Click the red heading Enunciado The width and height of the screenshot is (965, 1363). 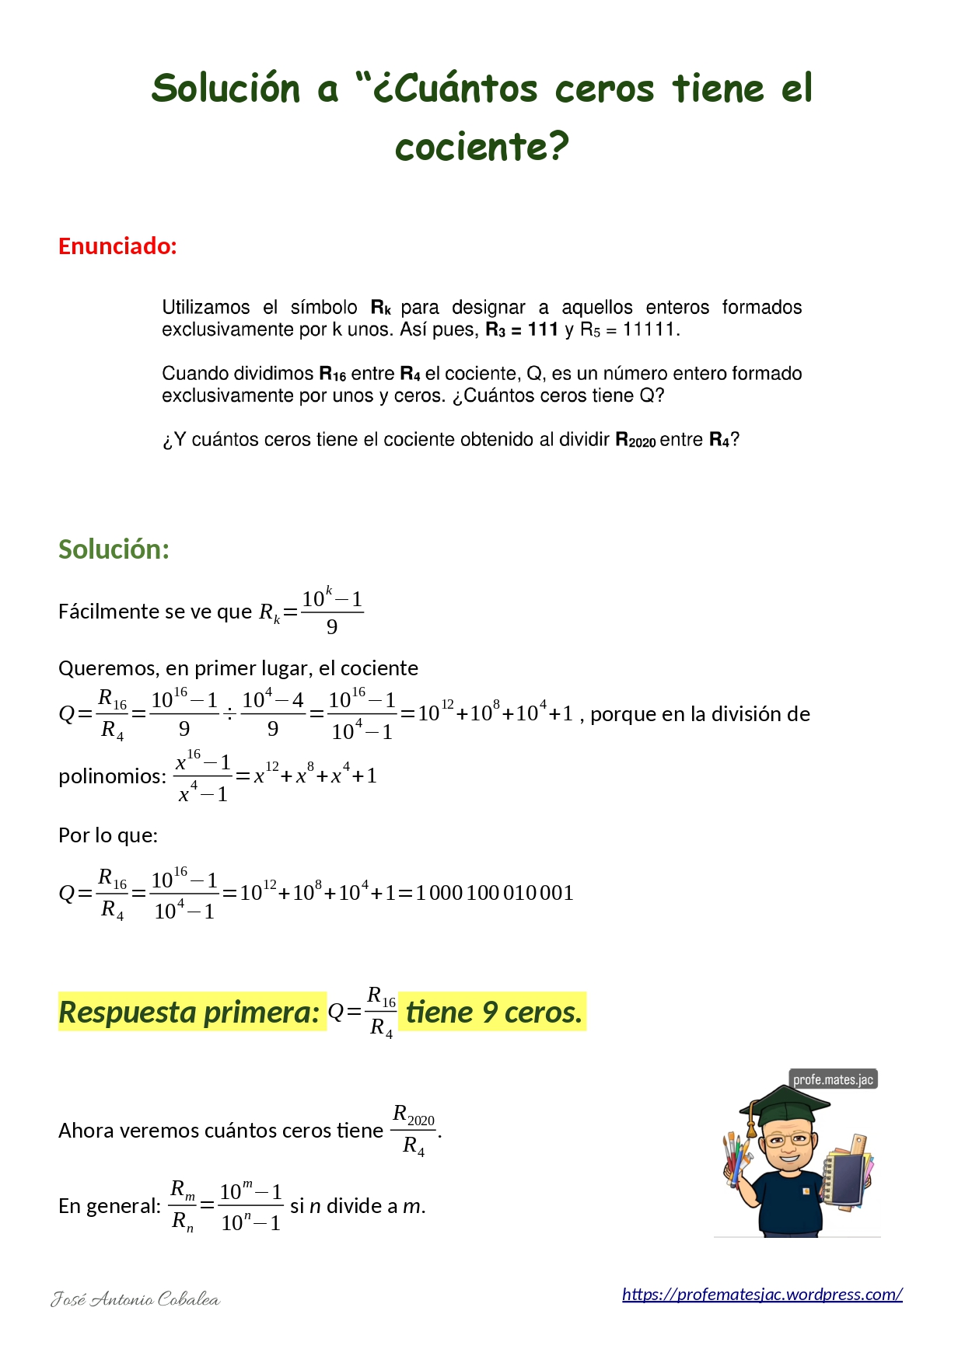pos(117,246)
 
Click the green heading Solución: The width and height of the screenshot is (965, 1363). pos(114,549)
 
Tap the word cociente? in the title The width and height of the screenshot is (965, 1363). pos(482,147)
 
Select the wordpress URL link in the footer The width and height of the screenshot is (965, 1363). pos(761,1294)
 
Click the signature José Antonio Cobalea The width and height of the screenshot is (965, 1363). pos(135,1299)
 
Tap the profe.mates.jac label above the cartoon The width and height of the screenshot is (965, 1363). pos(833,1079)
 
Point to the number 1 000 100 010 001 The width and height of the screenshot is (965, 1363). pos(495,893)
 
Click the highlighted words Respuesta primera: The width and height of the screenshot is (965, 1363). pos(190,1012)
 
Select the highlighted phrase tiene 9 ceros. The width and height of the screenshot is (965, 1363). pos(493,1012)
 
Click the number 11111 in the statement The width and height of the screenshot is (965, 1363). pos(650,329)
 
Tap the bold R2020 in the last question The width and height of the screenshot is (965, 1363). pos(635,440)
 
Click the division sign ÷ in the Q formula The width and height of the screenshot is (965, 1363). pos(229,714)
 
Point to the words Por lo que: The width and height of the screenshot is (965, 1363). pos(108,835)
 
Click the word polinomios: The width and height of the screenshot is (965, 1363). pos(112,776)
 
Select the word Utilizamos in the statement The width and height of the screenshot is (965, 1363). pos(206,308)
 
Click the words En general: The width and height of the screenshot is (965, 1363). pos(110,1206)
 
